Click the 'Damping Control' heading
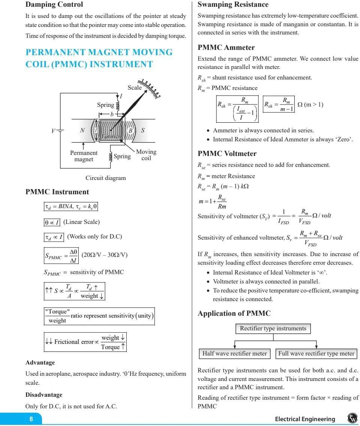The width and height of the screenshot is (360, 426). (x=54, y=5)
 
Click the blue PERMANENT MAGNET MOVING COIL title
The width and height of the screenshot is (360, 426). (x=99, y=58)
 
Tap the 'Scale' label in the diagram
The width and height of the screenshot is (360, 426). (x=135, y=88)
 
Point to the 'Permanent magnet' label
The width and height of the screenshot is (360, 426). (x=84, y=156)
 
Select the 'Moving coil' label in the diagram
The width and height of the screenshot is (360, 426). (x=146, y=155)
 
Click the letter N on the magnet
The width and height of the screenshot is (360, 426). (x=82, y=130)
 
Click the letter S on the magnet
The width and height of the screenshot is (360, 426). (x=143, y=130)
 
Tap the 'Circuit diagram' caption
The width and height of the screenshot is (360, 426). (x=105, y=178)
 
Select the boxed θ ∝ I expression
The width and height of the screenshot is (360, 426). (x=52, y=222)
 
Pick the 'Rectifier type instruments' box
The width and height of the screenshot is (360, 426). (x=273, y=328)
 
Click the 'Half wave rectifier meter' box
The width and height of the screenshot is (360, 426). (x=234, y=353)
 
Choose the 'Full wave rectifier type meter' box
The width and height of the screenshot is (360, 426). (x=316, y=353)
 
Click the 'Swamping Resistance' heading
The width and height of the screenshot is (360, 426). (x=233, y=5)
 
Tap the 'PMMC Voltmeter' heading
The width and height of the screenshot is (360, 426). (x=227, y=154)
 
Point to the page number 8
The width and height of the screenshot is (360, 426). (x=31, y=419)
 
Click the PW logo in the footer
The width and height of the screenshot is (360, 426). (x=352, y=418)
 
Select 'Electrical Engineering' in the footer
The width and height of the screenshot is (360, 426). (x=305, y=419)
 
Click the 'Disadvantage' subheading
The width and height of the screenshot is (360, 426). (x=44, y=395)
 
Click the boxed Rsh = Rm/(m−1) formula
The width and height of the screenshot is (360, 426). (x=279, y=104)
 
